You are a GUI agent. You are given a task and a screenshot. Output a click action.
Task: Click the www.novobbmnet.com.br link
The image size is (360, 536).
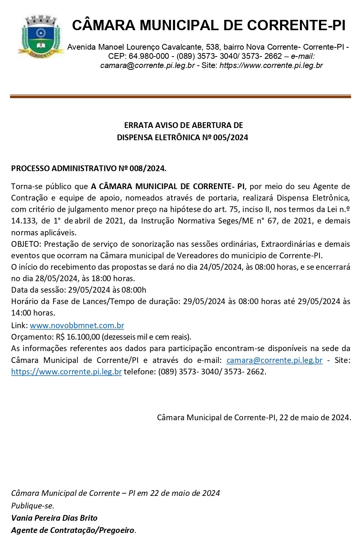click(77, 326)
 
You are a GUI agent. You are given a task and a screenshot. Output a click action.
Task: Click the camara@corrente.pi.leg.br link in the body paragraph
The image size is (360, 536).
click(274, 360)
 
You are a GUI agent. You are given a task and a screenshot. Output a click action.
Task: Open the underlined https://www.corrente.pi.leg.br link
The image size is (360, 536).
click(66, 372)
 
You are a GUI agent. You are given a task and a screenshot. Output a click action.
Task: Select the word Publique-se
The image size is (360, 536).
click(32, 506)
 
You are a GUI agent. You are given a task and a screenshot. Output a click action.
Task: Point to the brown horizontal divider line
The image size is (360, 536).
click(180, 97)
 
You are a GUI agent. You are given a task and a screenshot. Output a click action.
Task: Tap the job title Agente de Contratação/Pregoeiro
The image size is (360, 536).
click(73, 531)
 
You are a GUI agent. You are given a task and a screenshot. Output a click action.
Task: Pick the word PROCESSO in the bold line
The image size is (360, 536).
click(30, 168)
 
